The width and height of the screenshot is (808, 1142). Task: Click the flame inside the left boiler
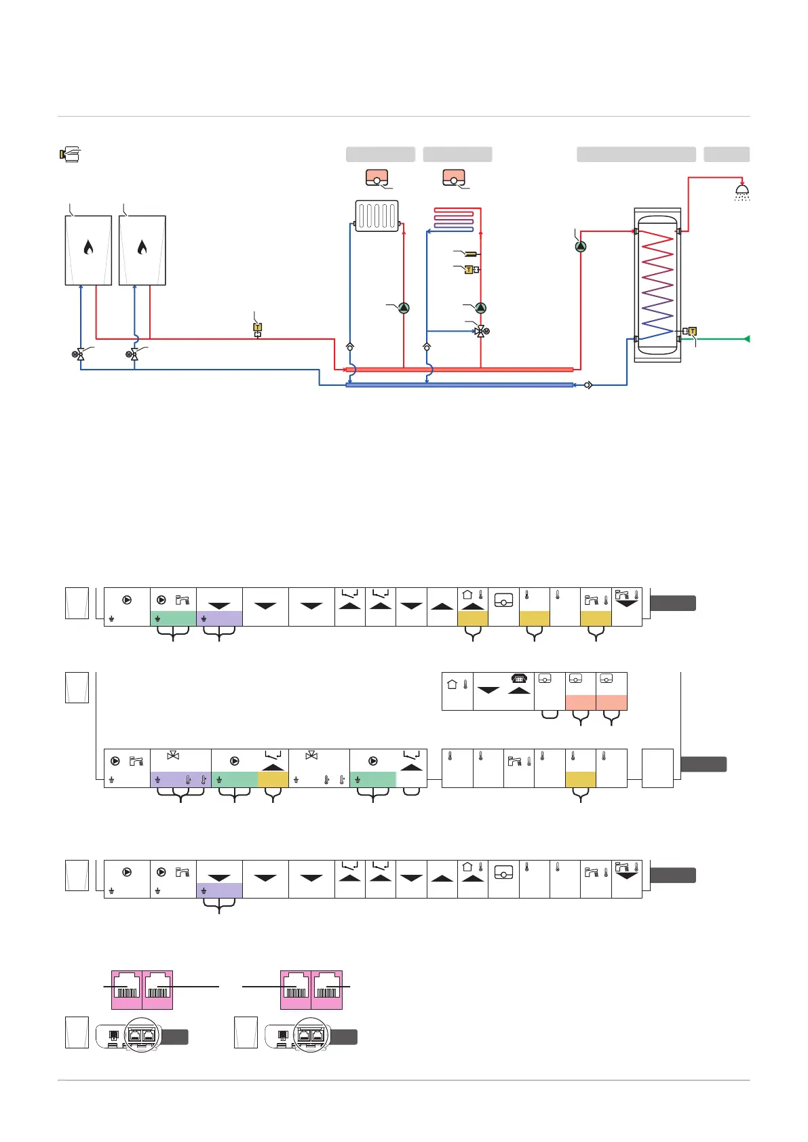tap(88, 248)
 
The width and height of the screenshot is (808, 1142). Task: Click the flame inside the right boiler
tap(142, 248)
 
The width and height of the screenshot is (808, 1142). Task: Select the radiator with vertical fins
tap(377, 216)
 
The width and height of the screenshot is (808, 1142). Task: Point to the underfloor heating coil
tap(454, 219)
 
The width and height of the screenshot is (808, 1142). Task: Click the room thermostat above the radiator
tap(377, 178)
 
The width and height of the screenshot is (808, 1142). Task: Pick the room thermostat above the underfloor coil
tap(454, 178)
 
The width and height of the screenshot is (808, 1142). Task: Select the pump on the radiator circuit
tap(404, 308)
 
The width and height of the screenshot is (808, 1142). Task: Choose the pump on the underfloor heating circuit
tap(480, 308)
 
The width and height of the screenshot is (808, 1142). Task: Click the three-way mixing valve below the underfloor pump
tap(481, 331)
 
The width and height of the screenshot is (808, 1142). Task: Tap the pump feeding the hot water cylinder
tap(580, 247)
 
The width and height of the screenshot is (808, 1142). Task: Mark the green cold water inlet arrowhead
tap(746, 338)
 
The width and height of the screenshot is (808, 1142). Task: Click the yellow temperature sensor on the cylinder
tap(692, 332)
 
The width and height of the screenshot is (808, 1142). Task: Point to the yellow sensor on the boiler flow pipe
tap(257, 328)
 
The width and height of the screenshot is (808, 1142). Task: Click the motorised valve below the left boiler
tap(80, 354)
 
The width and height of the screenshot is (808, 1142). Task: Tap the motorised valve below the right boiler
tap(134, 354)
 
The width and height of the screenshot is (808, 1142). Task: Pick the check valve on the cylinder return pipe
tap(588, 385)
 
